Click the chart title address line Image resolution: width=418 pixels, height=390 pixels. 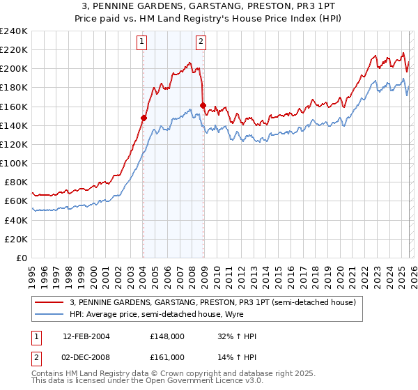tap(209, 6)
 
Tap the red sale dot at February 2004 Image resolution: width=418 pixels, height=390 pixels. tap(144, 118)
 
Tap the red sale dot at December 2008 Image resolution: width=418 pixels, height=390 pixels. tap(203, 106)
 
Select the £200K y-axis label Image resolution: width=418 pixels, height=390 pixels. tap(14, 69)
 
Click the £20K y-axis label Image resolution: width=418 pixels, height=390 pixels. tap(17, 239)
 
